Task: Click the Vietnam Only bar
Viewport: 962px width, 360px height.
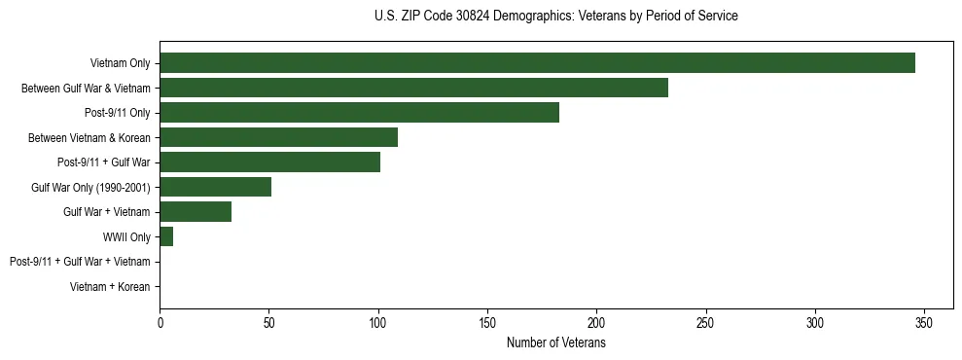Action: [x=537, y=63]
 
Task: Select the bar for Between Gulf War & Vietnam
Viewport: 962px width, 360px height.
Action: [x=413, y=88]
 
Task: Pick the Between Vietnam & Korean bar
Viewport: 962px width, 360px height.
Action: [x=278, y=137]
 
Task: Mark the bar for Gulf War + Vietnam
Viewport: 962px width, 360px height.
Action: [x=196, y=212]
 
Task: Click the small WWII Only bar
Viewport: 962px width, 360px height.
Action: [x=166, y=236]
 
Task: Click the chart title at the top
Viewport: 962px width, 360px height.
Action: [x=555, y=17]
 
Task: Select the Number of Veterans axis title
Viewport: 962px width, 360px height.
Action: [x=555, y=343]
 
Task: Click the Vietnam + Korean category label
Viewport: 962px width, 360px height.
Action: [x=110, y=287]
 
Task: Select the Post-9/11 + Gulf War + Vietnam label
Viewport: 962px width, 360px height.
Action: [x=80, y=262]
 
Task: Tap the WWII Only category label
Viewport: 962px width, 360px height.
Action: [x=126, y=237]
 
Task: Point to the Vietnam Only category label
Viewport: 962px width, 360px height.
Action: [x=120, y=63]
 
